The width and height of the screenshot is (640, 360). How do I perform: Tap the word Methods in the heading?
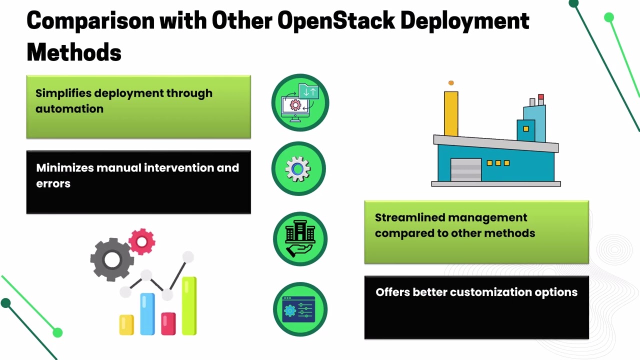74,52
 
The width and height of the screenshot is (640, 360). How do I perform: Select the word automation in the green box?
69,109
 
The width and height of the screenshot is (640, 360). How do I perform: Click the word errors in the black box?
53,183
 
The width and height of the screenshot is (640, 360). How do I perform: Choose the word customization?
480,292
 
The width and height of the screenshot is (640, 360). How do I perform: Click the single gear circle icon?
298,169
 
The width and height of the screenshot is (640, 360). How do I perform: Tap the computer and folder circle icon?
300,102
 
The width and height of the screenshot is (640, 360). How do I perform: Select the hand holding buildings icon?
300,239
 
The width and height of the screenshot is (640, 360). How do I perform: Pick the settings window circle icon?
299,309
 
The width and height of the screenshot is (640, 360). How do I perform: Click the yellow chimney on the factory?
451,113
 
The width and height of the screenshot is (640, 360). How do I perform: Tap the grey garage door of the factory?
466,170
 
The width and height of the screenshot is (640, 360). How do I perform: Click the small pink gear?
142,242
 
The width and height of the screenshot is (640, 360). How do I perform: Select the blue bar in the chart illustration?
147,313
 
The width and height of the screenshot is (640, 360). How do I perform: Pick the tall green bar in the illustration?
189,305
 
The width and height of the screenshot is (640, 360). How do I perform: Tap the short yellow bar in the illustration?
126,324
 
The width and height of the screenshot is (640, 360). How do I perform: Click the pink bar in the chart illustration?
168,323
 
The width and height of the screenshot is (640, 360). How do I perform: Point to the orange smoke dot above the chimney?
451,83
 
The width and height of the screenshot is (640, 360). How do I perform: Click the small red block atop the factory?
541,96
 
